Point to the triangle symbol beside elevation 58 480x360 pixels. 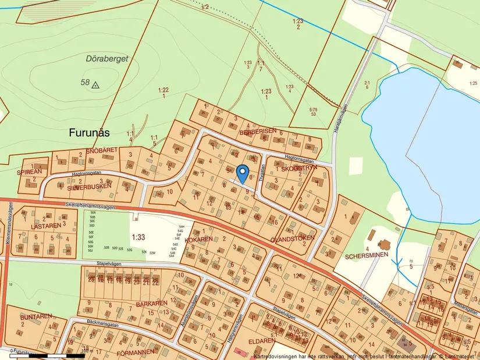[x=96, y=84]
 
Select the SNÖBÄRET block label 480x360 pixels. [x=102, y=150]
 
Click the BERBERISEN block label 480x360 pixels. [x=257, y=131]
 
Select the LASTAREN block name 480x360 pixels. [x=45, y=225]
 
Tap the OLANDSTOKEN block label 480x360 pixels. [x=293, y=238]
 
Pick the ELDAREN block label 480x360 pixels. [x=261, y=341]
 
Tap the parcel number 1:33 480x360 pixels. [x=138, y=237]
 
